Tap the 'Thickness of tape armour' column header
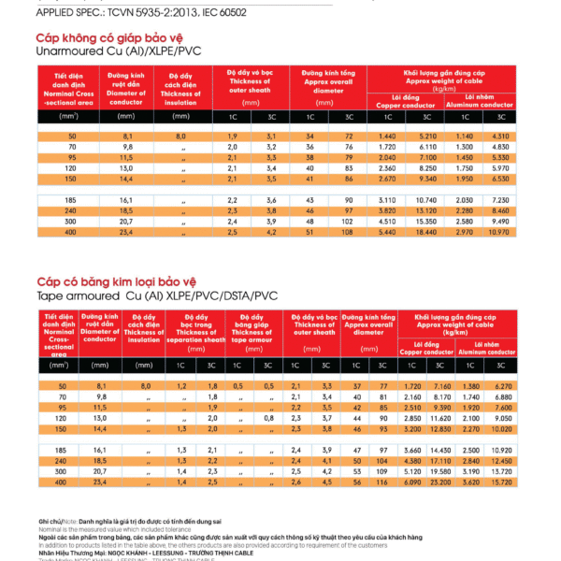(252, 332)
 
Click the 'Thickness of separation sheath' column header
(198, 332)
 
